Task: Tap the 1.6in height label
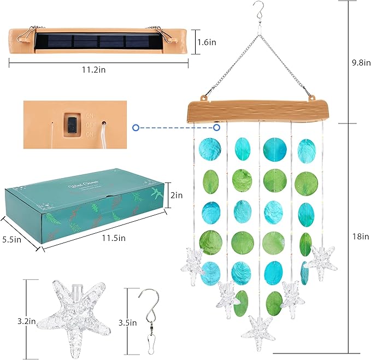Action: click(x=207, y=40)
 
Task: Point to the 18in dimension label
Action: click(x=360, y=236)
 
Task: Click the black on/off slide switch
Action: click(x=71, y=124)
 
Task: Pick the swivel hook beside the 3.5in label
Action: click(x=150, y=320)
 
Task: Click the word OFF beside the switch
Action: click(x=90, y=125)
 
